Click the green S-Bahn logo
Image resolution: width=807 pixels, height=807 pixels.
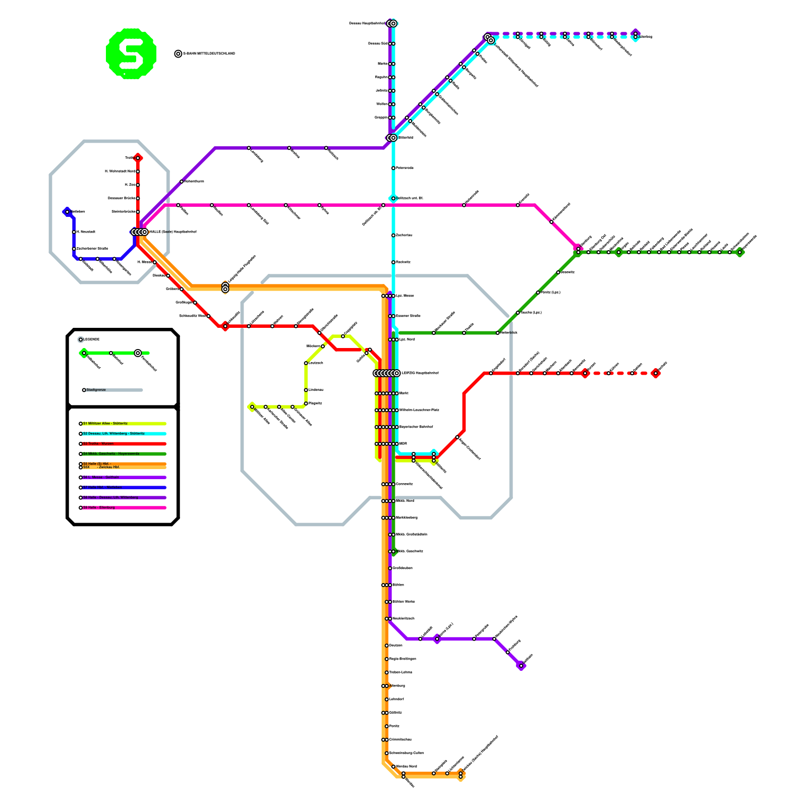[x=131, y=53]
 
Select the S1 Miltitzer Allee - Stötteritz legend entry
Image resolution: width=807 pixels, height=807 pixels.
[x=105, y=424]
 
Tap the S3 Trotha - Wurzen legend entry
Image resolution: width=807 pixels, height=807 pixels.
[x=98, y=444]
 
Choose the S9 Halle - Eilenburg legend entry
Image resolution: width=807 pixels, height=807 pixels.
[x=99, y=507]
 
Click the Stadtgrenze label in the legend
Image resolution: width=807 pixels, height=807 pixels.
[x=96, y=390]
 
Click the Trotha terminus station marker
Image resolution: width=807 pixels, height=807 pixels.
[x=138, y=158]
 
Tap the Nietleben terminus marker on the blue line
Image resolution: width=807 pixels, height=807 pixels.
[x=67, y=212]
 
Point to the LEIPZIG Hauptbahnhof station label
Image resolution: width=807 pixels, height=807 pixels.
[x=420, y=373]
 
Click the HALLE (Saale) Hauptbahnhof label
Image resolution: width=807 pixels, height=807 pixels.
[x=173, y=232]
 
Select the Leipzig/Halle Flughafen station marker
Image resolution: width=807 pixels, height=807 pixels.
[x=225, y=287]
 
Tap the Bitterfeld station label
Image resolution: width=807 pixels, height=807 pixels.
[x=406, y=138]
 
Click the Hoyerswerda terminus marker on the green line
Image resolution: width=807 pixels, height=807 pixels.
[x=740, y=252]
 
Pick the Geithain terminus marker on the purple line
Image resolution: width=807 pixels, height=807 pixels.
[x=521, y=666]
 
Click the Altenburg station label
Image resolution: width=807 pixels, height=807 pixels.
[x=397, y=686]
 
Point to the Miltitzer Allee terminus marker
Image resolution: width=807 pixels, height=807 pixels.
[x=252, y=407]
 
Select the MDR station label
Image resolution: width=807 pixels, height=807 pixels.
[x=403, y=444]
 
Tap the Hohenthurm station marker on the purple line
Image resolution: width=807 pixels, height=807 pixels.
[x=182, y=182]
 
